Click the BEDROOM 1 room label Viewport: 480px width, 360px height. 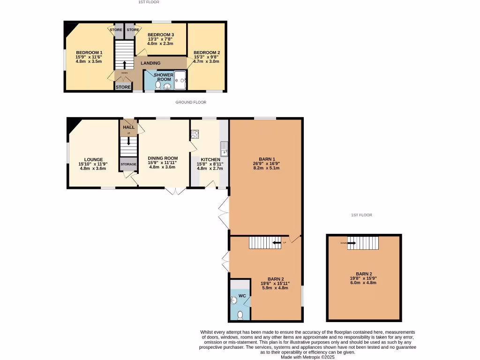point(89,52)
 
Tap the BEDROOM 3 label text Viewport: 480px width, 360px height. point(161,35)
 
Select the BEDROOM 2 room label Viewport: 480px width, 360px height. point(207,52)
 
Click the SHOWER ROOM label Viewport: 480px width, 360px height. point(164,77)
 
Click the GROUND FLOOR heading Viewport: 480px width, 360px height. point(191,102)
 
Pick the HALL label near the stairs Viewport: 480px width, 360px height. point(128,127)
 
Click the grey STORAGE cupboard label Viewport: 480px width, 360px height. point(128,164)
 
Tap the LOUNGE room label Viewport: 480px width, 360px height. point(94,159)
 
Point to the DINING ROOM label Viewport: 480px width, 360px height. point(163,158)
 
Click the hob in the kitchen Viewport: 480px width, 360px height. point(195,135)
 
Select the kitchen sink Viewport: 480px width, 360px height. point(225,149)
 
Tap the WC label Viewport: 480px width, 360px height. point(242,296)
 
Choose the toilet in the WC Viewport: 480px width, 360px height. point(240,315)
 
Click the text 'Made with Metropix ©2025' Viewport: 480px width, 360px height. point(307,357)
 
